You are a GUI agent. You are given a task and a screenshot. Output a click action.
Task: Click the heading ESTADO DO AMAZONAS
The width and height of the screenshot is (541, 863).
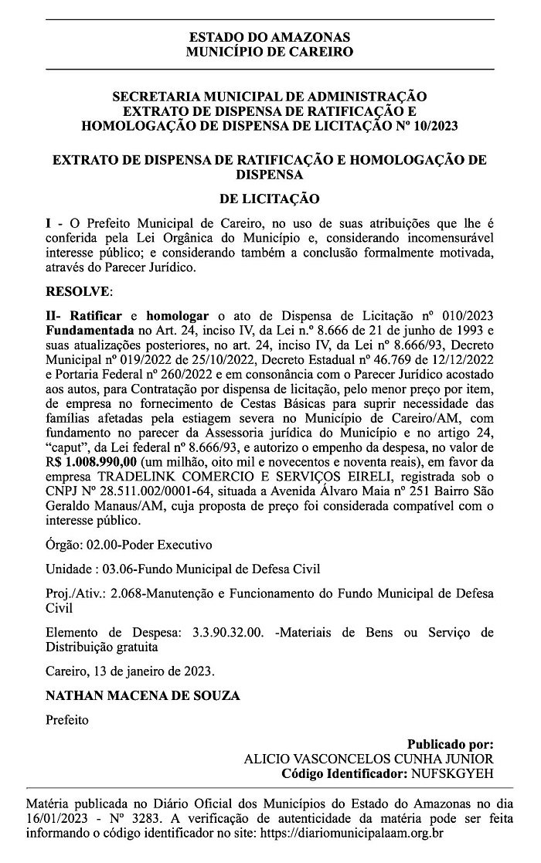point(270,37)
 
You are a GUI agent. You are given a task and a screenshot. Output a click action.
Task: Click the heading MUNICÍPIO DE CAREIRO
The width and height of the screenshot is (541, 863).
point(270,52)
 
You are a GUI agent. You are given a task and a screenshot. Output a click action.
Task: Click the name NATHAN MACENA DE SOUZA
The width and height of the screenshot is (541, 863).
point(143,695)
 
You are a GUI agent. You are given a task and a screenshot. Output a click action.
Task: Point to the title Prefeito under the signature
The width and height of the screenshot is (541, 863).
point(67,721)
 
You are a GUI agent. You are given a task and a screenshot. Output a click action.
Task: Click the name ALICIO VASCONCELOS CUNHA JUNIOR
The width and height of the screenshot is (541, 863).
point(368,759)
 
